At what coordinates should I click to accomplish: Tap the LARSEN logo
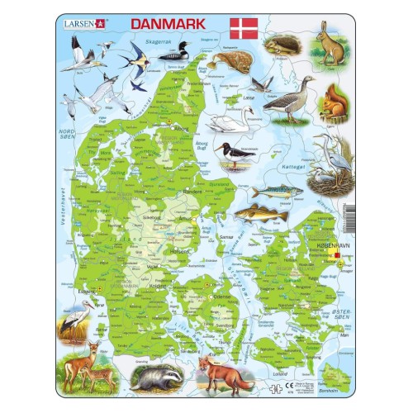(x=85, y=24)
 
